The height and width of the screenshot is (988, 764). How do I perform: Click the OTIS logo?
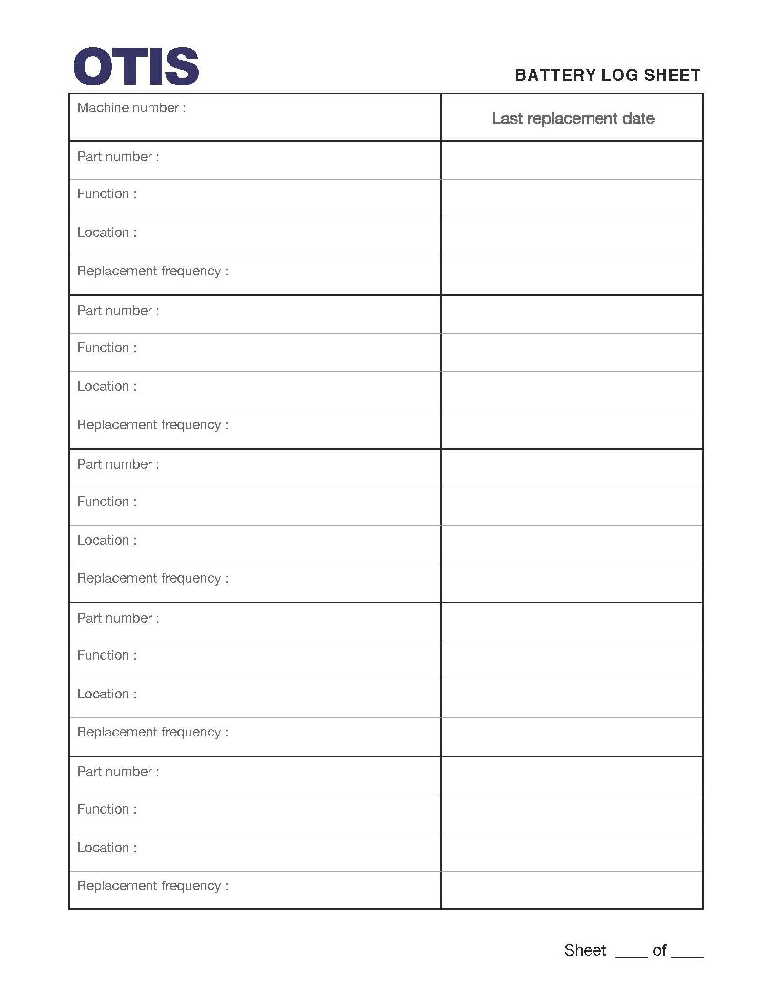pos(136,66)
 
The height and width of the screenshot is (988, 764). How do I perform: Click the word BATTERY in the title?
pos(555,75)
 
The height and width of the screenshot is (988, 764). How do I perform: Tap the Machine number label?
pos(131,108)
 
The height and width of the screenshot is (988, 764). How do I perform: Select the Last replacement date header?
pos(573,118)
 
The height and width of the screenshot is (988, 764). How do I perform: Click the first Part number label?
pos(118,157)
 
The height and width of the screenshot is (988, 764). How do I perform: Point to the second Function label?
pos(107,348)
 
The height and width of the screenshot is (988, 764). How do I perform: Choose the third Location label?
pos(107,540)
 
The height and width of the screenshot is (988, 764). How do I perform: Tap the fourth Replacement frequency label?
pos(152,732)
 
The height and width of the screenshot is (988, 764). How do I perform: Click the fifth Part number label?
pos(118,772)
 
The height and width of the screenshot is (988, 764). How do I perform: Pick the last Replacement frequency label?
pos(152,886)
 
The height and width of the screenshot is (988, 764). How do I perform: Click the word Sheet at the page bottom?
pos(585,950)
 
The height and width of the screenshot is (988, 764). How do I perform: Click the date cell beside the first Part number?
pos(572,160)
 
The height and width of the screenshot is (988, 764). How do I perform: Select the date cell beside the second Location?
pos(572,391)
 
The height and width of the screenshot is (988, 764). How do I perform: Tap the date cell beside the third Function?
pos(572,506)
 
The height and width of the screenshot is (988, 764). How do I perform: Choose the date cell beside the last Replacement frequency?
pos(572,890)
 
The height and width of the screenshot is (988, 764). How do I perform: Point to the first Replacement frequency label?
pos(152,271)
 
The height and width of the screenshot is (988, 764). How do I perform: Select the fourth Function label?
pos(107,655)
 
